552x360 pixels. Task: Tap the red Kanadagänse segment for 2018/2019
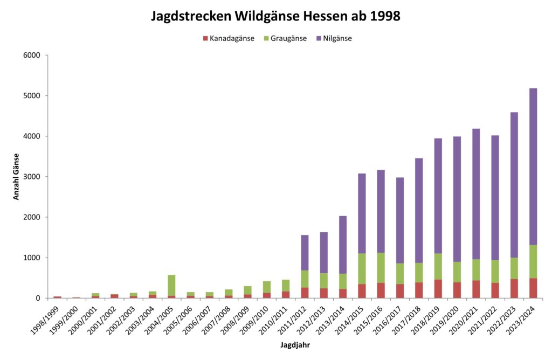click(438, 288)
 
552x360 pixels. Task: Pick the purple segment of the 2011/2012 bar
click(305, 253)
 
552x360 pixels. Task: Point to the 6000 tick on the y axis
click(32, 56)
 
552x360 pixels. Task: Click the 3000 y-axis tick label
click(32, 177)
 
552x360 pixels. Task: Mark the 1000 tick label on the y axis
click(32, 258)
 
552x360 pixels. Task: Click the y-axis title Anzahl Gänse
click(17, 176)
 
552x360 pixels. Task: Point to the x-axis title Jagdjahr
click(294, 344)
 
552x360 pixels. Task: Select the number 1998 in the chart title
click(385, 16)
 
